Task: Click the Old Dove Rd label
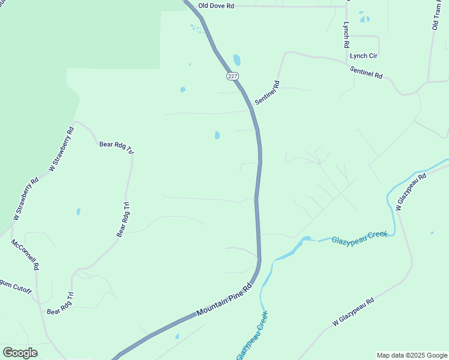click(215, 5)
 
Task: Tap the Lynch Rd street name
click(346, 35)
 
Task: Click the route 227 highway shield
click(232, 76)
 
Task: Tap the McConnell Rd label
click(25, 254)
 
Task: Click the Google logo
click(20, 353)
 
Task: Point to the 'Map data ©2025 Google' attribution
click(411, 355)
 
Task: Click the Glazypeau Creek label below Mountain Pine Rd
click(252, 335)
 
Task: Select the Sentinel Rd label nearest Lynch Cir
click(366, 72)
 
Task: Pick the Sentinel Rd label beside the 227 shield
click(268, 93)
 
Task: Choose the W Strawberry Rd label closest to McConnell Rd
click(25, 198)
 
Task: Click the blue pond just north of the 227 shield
click(237, 60)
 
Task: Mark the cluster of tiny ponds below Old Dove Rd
click(196, 28)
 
